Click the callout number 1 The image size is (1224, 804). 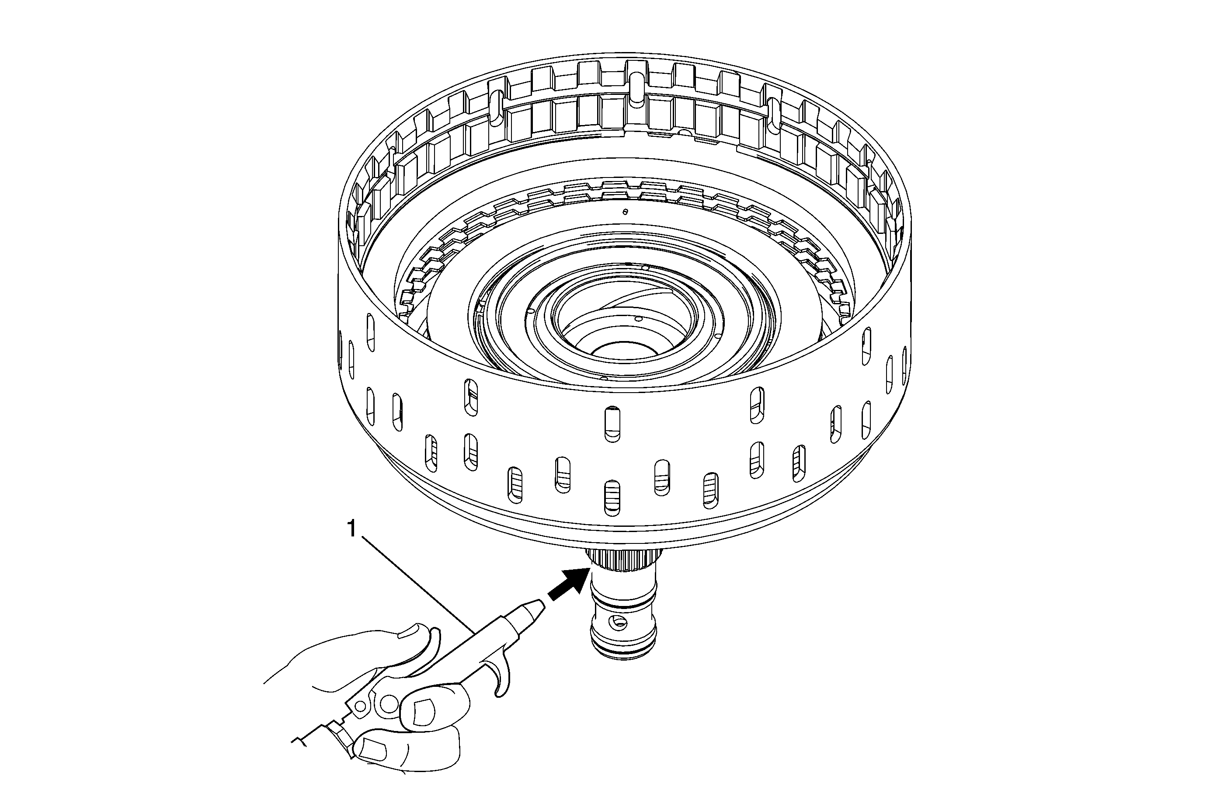[352, 529]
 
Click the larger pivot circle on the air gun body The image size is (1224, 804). [389, 702]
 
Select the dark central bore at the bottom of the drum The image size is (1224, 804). [623, 354]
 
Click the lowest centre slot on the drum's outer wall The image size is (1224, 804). [612, 498]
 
